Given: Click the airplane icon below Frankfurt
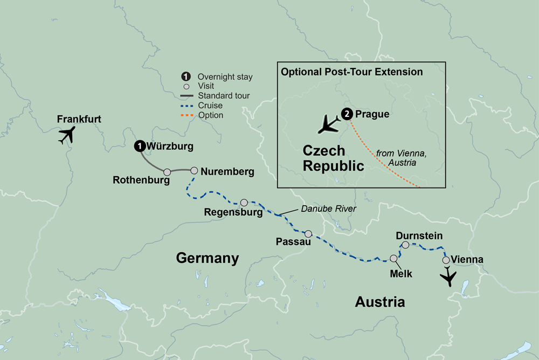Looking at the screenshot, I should [67, 136].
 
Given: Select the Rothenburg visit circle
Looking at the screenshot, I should [167, 172].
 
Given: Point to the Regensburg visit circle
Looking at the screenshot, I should [244, 203].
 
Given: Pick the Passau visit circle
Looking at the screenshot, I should [308, 234].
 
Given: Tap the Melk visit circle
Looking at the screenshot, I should [394, 259].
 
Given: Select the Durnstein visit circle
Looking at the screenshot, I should [405, 245].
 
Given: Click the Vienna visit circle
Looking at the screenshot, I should [446, 260].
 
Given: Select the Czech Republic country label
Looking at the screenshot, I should [333, 158].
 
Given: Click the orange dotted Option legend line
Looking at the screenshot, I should [186, 115].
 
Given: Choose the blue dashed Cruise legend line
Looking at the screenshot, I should [186, 106].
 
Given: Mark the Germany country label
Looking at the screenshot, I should [208, 259].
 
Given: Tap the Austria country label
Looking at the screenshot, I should [379, 302].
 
